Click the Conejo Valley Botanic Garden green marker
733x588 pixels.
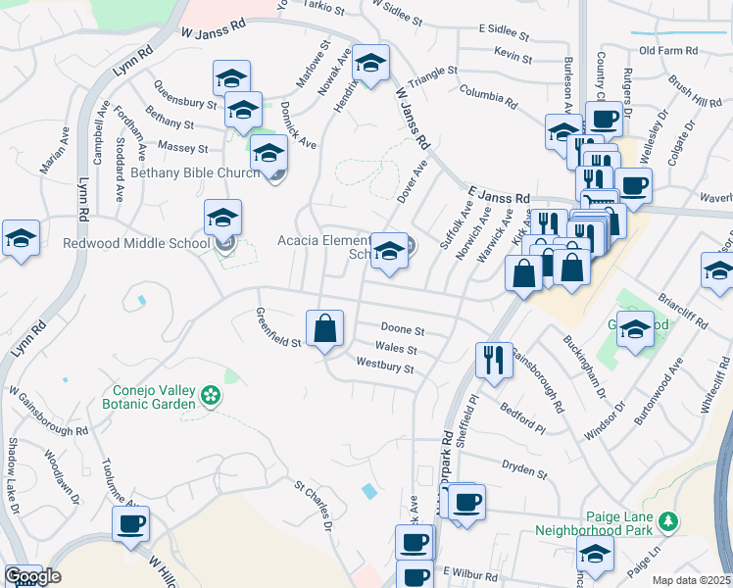[x=209, y=396]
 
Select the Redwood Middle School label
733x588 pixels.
[x=136, y=243]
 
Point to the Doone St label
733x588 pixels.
[x=402, y=331]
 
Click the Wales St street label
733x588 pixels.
[x=396, y=349]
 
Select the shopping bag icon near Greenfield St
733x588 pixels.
[x=325, y=329]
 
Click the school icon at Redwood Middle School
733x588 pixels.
[x=222, y=219]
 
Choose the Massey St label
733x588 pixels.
[x=189, y=149]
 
